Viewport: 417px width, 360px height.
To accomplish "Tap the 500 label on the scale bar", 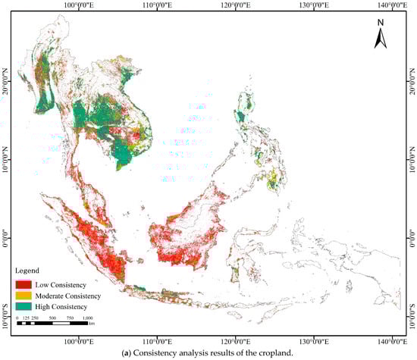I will (52, 318).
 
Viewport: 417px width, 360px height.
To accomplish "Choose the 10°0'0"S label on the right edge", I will (412, 310).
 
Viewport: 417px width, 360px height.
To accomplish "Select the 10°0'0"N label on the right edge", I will (412, 156).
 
